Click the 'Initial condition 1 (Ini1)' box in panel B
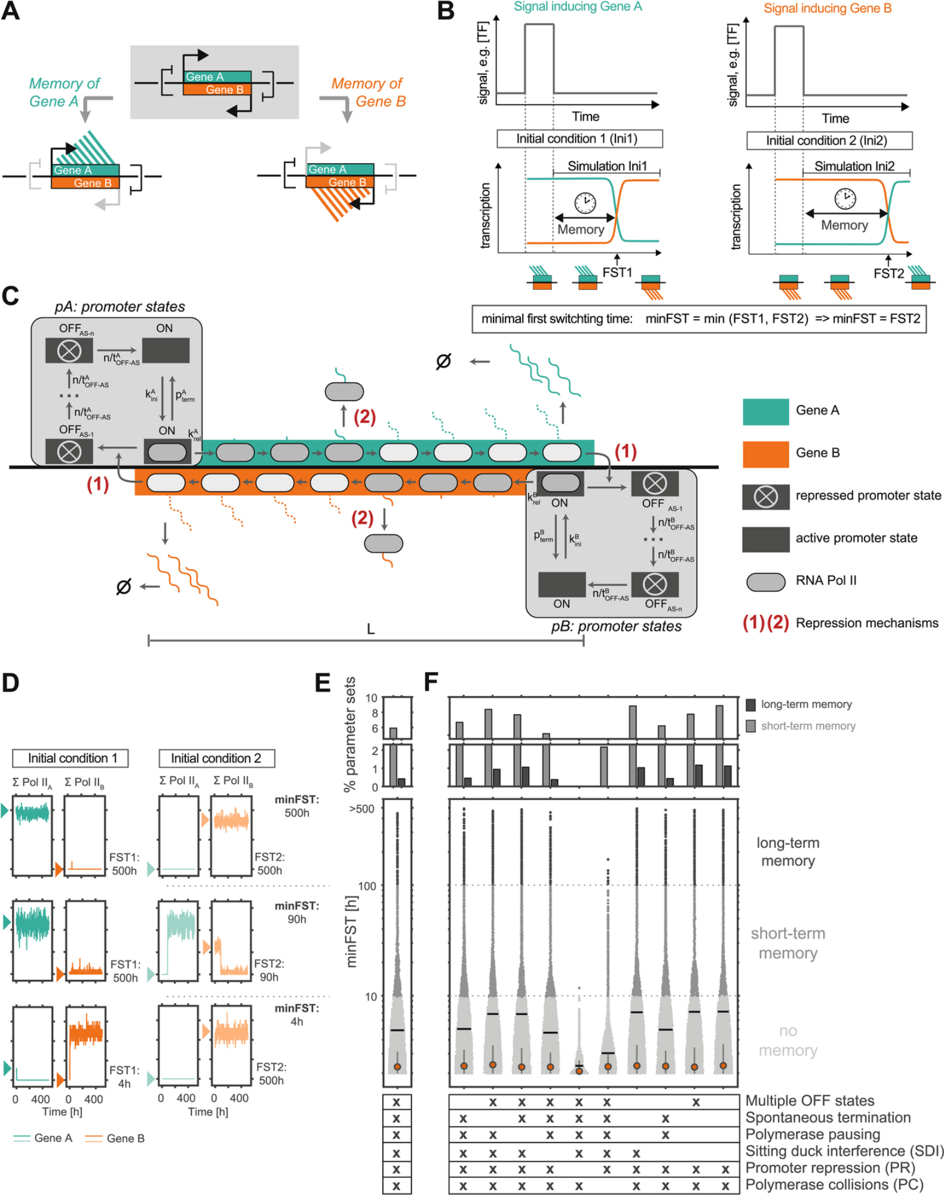click(x=579, y=139)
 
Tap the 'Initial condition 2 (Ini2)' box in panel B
click(x=829, y=140)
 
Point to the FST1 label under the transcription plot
click(x=617, y=272)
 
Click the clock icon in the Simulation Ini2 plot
click(x=845, y=197)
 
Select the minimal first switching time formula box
click(x=699, y=319)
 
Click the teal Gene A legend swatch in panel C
click(x=765, y=412)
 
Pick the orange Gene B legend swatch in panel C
click(x=765, y=454)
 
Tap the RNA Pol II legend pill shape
click(x=765, y=581)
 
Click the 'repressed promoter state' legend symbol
click(x=765, y=497)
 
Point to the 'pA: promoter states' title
click(x=119, y=307)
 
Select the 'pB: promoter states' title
click(x=616, y=626)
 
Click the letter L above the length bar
click(x=370, y=629)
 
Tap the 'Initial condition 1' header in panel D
click(x=71, y=758)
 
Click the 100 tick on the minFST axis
click(x=367, y=886)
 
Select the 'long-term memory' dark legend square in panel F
click(x=751, y=704)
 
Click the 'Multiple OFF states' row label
click(x=810, y=1101)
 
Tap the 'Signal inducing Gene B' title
click(x=827, y=8)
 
